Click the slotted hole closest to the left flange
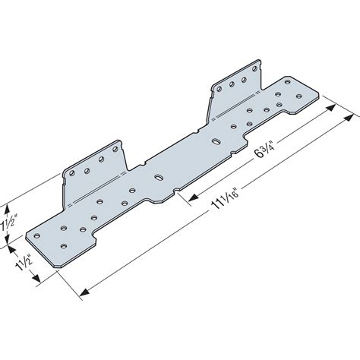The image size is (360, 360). tap(158, 177)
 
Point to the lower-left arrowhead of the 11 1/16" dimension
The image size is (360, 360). tap(81, 289)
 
